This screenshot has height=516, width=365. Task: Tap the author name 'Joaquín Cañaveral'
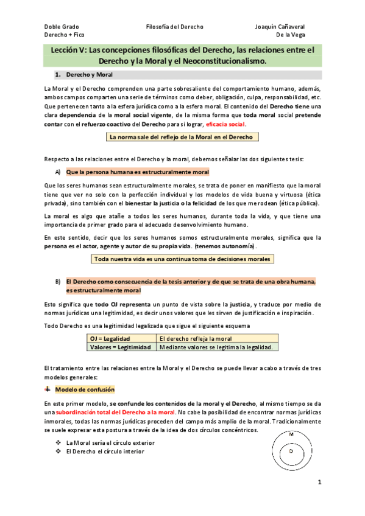(x=280, y=27)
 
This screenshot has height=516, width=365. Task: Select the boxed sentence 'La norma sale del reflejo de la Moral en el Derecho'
(x=180, y=138)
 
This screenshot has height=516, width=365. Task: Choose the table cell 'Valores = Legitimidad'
(x=121, y=347)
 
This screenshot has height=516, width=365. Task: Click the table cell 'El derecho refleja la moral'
(x=195, y=338)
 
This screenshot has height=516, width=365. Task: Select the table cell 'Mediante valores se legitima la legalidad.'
(x=216, y=347)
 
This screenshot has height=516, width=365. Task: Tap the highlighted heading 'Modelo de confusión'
(x=85, y=389)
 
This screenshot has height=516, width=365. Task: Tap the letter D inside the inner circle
(x=291, y=451)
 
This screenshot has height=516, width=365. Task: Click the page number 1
(x=319, y=482)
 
